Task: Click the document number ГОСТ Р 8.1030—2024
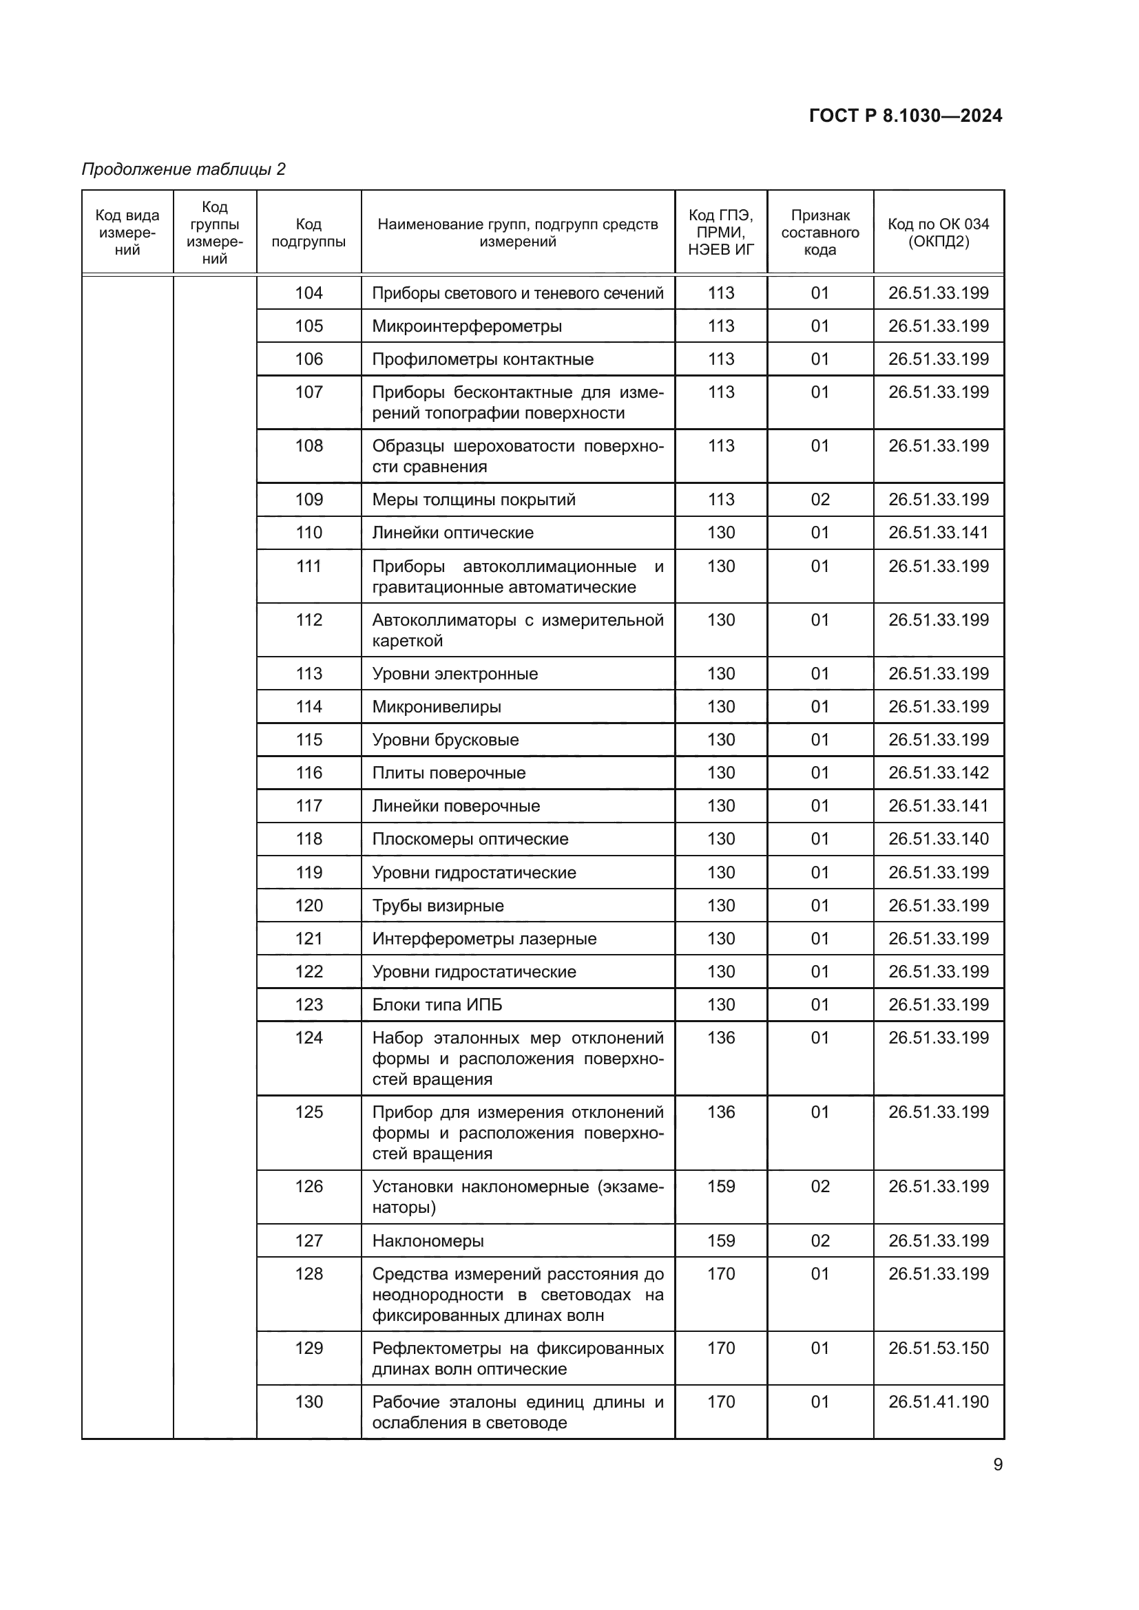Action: pos(905,116)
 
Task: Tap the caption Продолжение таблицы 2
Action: pos(184,169)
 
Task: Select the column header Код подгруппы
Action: pos(309,233)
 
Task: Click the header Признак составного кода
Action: pos(820,233)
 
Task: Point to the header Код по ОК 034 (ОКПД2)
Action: pos(938,233)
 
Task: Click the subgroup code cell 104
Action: pos(309,293)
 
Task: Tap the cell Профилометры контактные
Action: pos(483,359)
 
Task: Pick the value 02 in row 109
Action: pos(820,499)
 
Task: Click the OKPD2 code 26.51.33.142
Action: pos(938,773)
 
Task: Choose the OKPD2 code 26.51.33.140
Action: pos(938,838)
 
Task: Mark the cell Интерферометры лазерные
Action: pos(484,938)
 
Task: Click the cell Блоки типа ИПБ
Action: pos(437,1004)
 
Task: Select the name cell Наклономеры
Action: pos(428,1240)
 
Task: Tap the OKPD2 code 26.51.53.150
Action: pos(938,1348)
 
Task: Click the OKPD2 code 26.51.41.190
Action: pos(938,1401)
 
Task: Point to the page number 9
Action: pos(997,1464)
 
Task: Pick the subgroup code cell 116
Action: pos(309,773)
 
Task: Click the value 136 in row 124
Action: pos(721,1038)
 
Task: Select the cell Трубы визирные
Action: pos(438,905)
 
